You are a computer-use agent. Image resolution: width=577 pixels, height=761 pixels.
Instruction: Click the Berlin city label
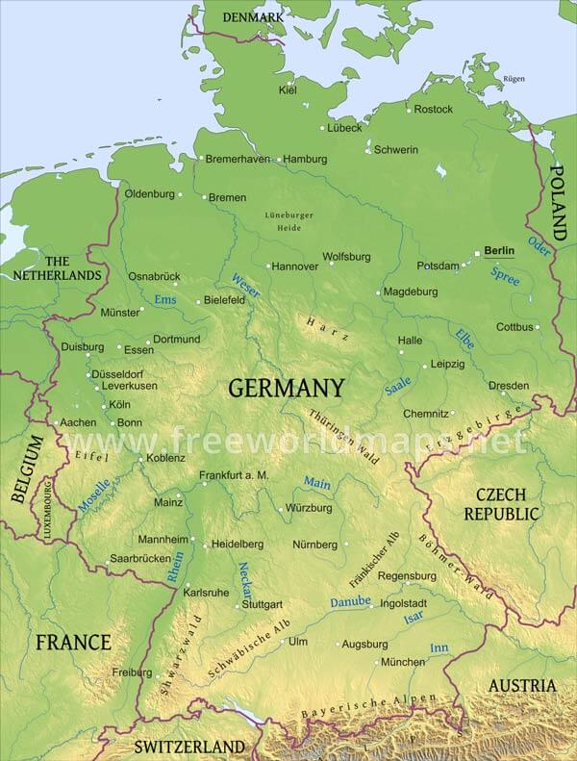[499, 250]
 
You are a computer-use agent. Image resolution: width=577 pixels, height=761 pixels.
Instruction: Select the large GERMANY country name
[286, 388]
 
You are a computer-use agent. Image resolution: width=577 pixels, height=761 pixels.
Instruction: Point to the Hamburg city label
[305, 159]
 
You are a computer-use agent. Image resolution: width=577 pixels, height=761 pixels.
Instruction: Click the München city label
[403, 662]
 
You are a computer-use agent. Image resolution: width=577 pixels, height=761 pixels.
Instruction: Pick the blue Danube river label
[350, 601]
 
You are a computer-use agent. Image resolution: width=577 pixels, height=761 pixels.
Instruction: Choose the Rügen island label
[514, 79]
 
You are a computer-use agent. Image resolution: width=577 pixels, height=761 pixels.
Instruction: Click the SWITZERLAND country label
[189, 747]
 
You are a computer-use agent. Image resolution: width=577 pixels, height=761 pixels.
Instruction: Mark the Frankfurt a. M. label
[234, 475]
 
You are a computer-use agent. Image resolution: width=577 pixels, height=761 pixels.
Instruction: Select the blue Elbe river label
[464, 339]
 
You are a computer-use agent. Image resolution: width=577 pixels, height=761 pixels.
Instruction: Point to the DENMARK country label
[253, 17]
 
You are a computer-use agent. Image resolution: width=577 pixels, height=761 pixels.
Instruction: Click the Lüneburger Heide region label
[288, 220]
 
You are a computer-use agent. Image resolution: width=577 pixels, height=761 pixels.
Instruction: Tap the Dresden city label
[509, 385]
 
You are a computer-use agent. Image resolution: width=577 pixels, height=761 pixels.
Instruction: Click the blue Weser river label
[245, 285]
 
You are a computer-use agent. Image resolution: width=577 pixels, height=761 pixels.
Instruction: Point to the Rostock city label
[434, 109]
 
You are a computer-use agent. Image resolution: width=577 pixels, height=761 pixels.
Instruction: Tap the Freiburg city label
[132, 672]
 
